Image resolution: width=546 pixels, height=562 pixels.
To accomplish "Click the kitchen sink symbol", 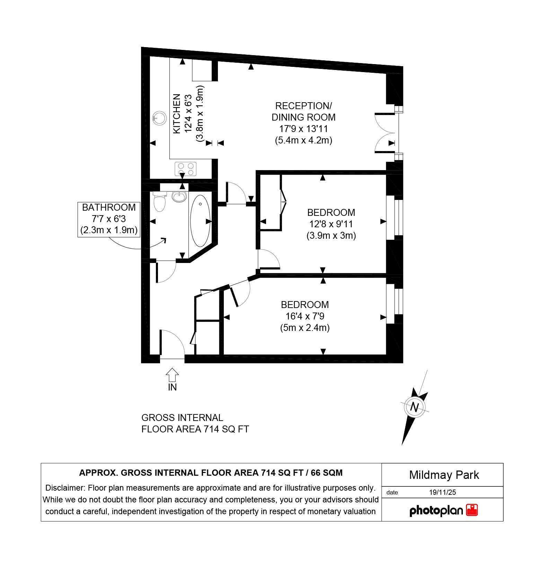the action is [159, 118].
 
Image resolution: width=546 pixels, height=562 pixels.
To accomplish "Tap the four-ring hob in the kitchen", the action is [185, 169].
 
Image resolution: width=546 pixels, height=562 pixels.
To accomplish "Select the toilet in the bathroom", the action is [159, 201].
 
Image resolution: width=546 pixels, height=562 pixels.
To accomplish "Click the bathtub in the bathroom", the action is [200, 221].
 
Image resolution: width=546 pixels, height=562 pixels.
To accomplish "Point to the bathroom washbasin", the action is [179, 197].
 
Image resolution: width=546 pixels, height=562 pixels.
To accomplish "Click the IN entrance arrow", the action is [172, 375].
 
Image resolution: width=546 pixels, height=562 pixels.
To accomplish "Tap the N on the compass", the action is [414, 407].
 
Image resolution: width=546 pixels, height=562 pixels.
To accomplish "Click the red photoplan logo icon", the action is [472, 510].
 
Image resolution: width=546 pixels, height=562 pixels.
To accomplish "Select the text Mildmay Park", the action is [444, 475].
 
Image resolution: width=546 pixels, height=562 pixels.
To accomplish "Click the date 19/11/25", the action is [442, 492].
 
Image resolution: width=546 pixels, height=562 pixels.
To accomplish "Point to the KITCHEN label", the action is [177, 114].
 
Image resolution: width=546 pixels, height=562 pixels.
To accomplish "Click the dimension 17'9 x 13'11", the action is [303, 129].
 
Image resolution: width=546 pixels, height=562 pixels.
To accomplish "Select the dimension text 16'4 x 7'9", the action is [305, 316].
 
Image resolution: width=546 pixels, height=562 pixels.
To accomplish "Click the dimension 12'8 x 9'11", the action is [331, 224].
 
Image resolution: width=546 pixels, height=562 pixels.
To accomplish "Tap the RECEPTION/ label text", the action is [303, 106].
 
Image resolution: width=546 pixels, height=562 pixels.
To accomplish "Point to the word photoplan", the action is [436, 510].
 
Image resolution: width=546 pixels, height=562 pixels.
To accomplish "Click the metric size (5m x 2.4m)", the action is [305, 327].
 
